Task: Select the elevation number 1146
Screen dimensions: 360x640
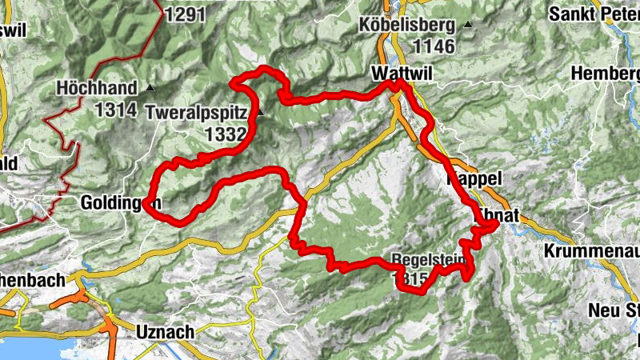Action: tap(435, 47)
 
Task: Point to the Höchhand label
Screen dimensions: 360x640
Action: tap(99, 87)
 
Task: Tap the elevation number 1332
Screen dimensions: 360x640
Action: tap(225, 134)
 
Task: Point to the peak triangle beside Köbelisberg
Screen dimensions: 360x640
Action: tap(468, 26)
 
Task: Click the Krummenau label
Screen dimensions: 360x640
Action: tap(591, 251)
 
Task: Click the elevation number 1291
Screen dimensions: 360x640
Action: tap(185, 14)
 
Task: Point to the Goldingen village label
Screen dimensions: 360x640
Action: tap(121, 203)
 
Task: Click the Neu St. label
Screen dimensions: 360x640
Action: tap(613, 310)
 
